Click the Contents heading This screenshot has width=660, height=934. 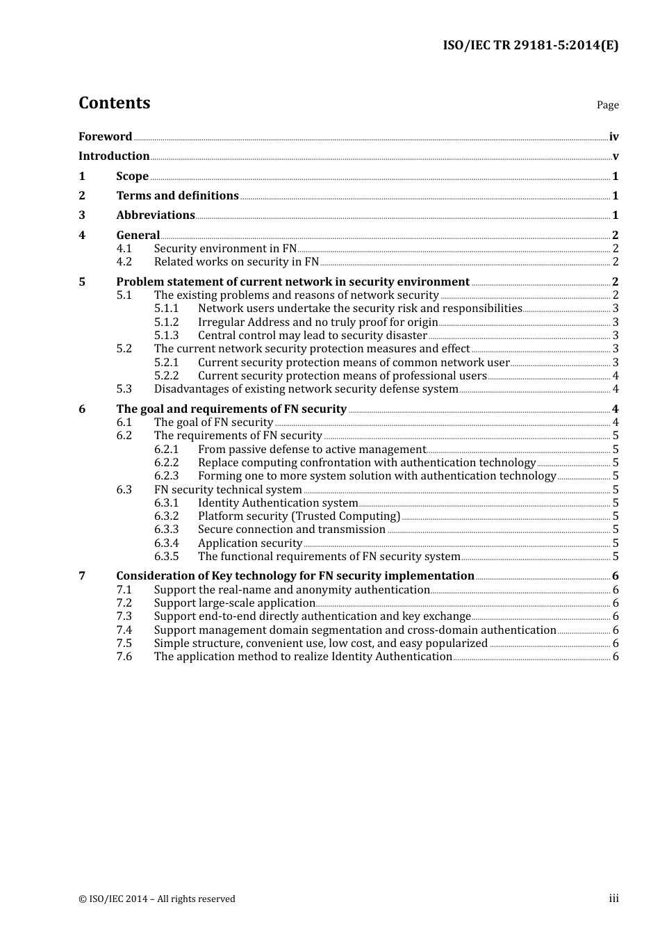click(x=114, y=103)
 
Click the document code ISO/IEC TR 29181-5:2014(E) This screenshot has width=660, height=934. click(x=530, y=46)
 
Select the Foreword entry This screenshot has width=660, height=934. click(x=105, y=137)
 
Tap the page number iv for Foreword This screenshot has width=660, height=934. click(x=613, y=137)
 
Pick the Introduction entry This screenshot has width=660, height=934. click(x=114, y=156)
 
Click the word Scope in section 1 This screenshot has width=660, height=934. click(x=132, y=177)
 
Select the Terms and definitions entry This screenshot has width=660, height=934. click(x=177, y=196)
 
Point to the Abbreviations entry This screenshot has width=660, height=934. click(x=155, y=215)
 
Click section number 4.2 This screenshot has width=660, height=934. click(x=124, y=262)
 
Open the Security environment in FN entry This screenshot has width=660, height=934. click(x=225, y=249)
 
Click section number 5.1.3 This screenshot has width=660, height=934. click(x=166, y=336)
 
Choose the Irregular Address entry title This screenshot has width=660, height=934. click(x=317, y=322)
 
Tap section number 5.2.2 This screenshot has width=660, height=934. click(x=166, y=376)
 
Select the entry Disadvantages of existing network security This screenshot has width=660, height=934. click(x=306, y=389)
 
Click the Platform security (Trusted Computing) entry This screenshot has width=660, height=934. click(x=299, y=516)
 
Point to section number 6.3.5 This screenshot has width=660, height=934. click(x=166, y=557)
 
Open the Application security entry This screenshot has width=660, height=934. click(x=249, y=543)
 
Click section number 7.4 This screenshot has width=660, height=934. click(x=124, y=630)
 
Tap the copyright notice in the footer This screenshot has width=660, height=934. click(x=157, y=899)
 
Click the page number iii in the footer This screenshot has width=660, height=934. click(x=613, y=899)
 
